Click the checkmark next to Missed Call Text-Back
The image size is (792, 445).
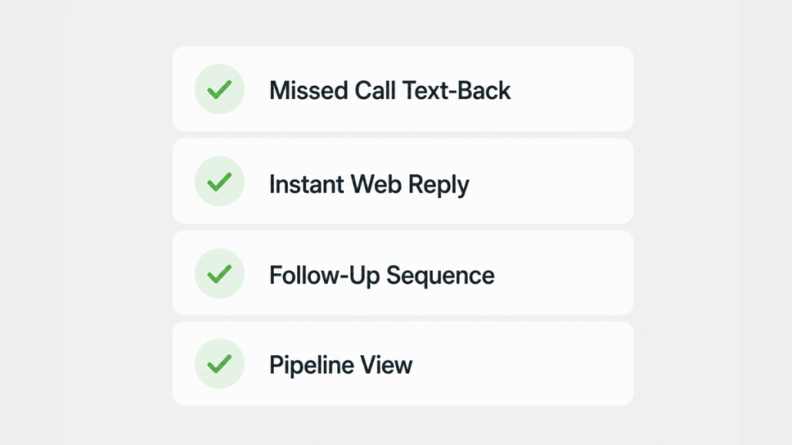(x=219, y=90)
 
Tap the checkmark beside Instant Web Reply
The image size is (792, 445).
(x=219, y=182)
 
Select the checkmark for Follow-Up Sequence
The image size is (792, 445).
(x=219, y=274)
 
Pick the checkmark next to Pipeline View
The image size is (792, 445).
(x=219, y=365)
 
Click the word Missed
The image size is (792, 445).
(x=308, y=91)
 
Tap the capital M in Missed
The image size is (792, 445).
(x=279, y=91)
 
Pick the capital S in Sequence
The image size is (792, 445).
(x=394, y=276)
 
